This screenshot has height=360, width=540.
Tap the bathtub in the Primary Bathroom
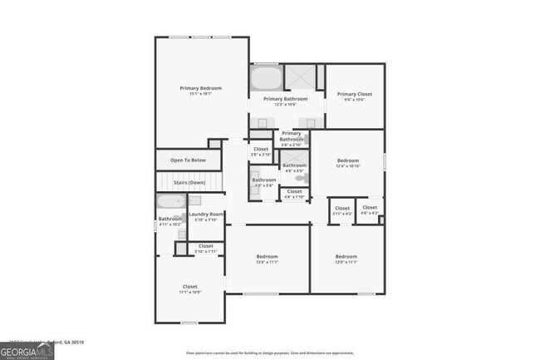click(266, 79)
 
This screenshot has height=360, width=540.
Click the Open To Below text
click(188, 160)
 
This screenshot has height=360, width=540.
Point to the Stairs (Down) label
click(189, 182)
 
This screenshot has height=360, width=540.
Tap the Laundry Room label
click(206, 216)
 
